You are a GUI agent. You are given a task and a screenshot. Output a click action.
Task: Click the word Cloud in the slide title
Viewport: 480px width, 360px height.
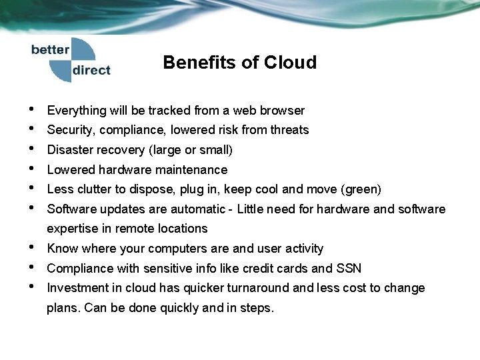[x=290, y=63]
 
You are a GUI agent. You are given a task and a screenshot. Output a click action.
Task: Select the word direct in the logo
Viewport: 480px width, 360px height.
[x=91, y=70]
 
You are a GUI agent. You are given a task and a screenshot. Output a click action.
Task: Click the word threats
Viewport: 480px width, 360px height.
[x=289, y=130]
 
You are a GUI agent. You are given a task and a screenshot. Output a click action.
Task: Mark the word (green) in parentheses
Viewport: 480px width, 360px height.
[x=361, y=189]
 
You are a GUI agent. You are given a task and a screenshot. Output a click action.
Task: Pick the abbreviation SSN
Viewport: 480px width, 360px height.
[x=348, y=269]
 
